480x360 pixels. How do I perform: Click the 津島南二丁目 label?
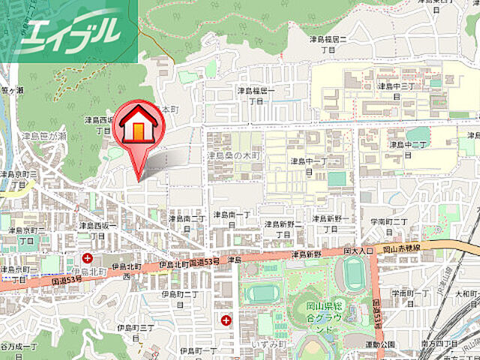pyautogui.click(x=187, y=223)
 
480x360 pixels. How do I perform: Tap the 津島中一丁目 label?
pyautogui.click(x=308, y=166)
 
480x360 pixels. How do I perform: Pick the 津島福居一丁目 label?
pyautogui.click(x=256, y=95)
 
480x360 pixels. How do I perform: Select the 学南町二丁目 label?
pyautogui.click(x=388, y=227)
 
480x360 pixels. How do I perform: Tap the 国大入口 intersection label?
pyautogui.click(x=358, y=250)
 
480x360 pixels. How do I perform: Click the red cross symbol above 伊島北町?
pyautogui.click(x=88, y=259)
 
